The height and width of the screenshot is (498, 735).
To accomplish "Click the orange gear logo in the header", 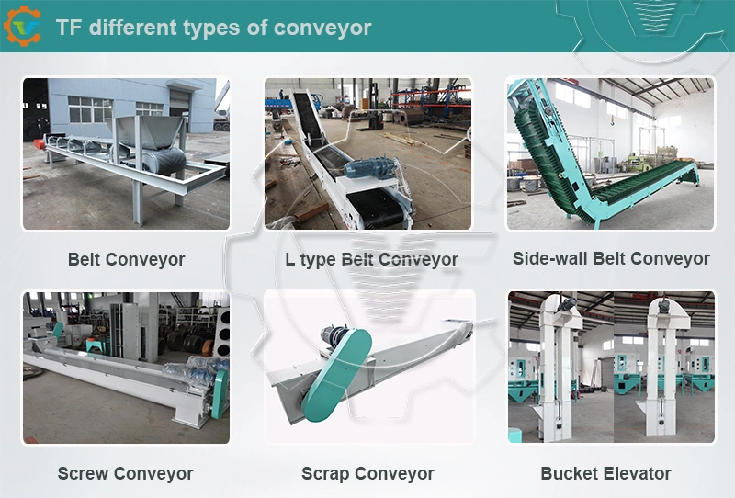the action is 22,27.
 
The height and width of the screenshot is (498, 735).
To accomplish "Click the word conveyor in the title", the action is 322,28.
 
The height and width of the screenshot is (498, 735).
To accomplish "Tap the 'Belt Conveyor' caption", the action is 126,259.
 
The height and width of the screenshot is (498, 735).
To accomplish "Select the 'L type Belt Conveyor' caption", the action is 371,259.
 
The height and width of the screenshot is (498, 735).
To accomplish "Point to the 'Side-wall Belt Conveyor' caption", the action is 611,258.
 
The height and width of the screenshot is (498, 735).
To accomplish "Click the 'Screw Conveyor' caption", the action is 125,473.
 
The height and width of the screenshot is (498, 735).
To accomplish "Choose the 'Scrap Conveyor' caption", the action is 367,473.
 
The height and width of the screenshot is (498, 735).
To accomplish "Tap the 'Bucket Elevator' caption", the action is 605,473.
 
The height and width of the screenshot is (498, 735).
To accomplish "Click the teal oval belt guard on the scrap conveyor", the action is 336,374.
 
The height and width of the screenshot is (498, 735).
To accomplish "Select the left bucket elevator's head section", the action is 560,311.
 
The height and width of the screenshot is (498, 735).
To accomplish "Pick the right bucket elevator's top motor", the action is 662,306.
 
